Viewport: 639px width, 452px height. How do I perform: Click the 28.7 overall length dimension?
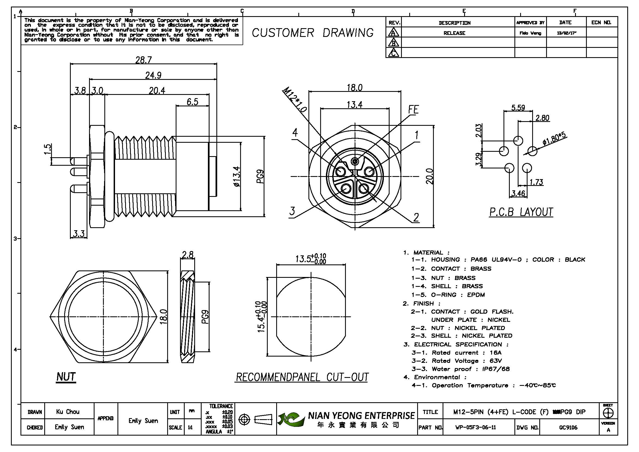143,60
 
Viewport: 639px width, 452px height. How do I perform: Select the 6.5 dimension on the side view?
192,102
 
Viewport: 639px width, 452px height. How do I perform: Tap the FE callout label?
413,110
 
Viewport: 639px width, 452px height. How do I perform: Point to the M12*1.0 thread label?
294,100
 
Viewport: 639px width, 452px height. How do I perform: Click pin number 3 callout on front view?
292,211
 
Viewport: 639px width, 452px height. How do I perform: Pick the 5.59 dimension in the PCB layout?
518,107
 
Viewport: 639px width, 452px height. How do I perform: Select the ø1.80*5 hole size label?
554,139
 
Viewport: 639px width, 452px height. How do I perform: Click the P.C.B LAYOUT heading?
521,212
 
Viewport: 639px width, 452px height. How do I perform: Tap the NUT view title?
66,377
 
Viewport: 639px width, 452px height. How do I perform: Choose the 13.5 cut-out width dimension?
310,259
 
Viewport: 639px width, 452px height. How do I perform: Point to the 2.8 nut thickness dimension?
187,255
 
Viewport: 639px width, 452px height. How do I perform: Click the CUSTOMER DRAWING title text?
313,33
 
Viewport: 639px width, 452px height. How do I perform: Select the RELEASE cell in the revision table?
454,33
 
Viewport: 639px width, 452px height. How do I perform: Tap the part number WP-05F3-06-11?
475,427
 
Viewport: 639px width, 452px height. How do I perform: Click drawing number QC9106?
568,427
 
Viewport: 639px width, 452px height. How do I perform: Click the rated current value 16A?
495,353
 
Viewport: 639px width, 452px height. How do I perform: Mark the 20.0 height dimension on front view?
429,176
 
